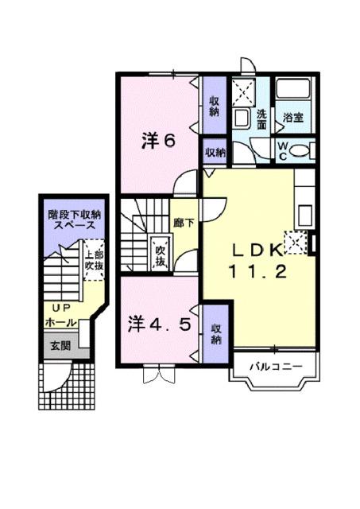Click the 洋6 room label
tap(157, 141)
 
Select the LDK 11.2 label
tap(256, 260)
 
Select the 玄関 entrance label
tap(60, 345)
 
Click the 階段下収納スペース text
tap(74, 219)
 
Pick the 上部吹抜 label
tap(94, 259)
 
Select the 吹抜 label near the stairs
tap(160, 254)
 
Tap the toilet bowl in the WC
tap(302, 150)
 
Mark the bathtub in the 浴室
tap(295, 95)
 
